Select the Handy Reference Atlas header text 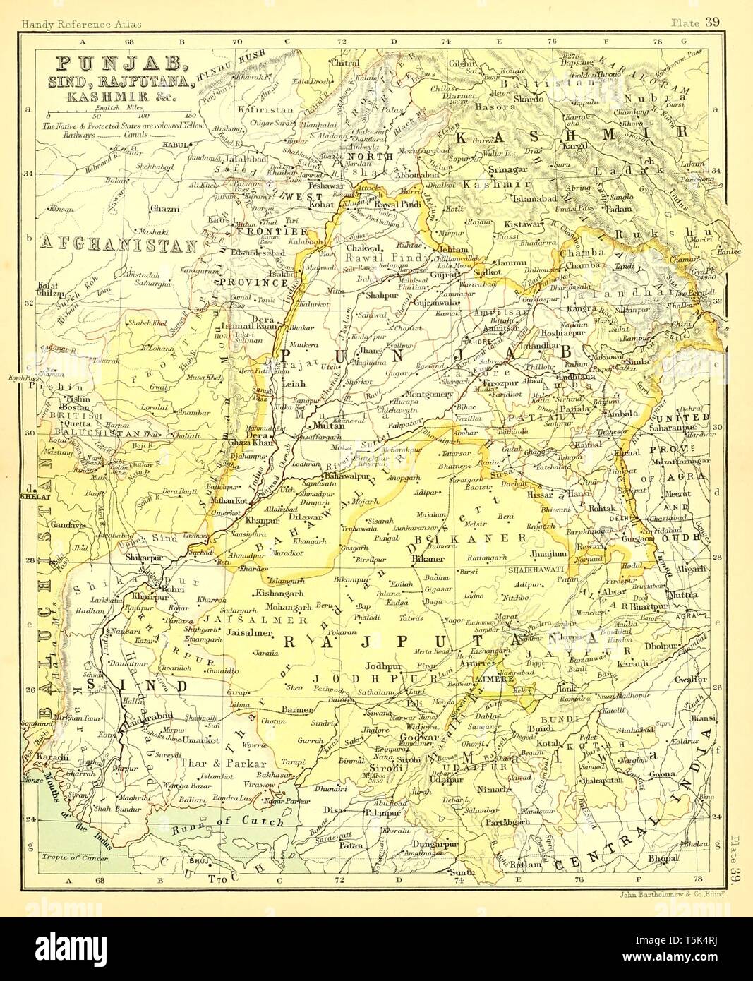pos(81,24)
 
